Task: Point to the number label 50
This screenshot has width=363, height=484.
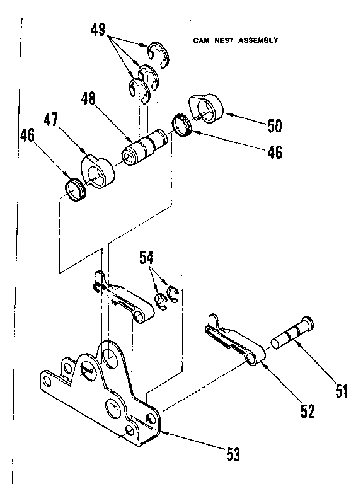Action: pos(274,126)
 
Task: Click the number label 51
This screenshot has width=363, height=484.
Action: pos(341,391)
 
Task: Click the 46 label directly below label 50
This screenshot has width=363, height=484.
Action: pos(274,152)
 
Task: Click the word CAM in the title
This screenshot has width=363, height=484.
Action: pos(201,40)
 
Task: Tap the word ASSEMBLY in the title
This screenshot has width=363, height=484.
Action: pos(257,40)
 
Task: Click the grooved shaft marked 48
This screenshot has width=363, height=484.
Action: pos(146,149)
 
